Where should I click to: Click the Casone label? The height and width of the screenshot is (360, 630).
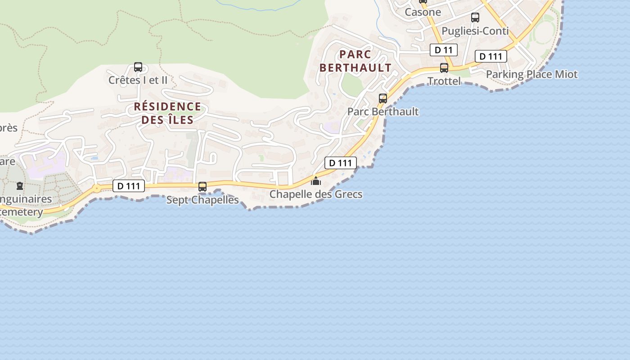pyautogui.click(x=423, y=12)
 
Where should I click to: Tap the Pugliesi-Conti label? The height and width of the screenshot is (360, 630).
pyautogui.click(x=475, y=31)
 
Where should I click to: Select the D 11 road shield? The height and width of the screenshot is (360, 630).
pyautogui.click(x=443, y=50)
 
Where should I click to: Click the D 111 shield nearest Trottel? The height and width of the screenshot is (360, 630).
pyautogui.click(x=491, y=56)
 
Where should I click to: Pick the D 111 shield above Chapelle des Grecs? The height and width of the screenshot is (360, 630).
pyautogui.click(x=340, y=163)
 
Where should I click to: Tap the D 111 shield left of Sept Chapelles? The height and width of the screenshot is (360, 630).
pyautogui.click(x=128, y=186)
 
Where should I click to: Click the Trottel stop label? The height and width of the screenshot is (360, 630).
pyautogui.click(x=444, y=81)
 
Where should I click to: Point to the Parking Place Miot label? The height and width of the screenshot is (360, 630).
pyautogui.click(x=531, y=74)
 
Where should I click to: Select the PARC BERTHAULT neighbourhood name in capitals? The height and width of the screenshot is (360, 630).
pyautogui.click(x=355, y=61)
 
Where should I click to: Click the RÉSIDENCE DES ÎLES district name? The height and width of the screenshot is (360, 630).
pyautogui.click(x=167, y=113)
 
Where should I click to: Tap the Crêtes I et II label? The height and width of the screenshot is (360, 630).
pyautogui.click(x=138, y=80)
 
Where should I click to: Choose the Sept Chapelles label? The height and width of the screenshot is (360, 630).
pyautogui.click(x=202, y=200)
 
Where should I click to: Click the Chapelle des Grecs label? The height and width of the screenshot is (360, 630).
pyautogui.click(x=315, y=194)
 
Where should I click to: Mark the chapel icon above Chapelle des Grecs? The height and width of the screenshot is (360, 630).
pyautogui.click(x=316, y=181)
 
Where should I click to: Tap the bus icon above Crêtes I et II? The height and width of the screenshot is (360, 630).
pyautogui.click(x=138, y=67)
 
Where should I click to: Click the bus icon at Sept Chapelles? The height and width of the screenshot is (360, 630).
pyautogui.click(x=202, y=187)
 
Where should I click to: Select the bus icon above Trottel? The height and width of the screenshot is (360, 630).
pyautogui.click(x=444, y=68)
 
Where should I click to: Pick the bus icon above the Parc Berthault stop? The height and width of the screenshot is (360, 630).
pyautogui.click(x=383, y=99)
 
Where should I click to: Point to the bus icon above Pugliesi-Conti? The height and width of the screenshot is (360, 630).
pyautogui.click(x=475, y=18)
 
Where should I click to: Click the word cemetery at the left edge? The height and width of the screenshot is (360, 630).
pyautogui.click(x=22, y=212)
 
